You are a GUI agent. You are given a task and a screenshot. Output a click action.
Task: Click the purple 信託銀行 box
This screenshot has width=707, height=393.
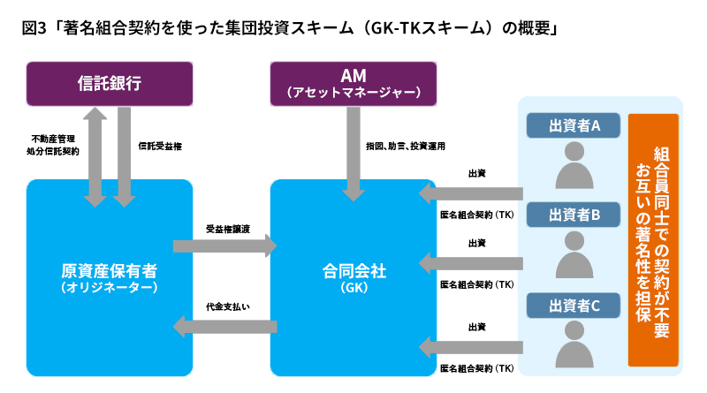109,84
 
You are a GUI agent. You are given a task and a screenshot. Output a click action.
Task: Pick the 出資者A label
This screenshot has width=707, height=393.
574,125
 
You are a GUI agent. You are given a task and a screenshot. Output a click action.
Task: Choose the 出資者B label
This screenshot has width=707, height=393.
574,215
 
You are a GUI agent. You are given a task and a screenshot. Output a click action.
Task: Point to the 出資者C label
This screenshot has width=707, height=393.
574,306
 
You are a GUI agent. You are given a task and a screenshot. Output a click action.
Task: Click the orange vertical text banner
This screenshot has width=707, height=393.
653,238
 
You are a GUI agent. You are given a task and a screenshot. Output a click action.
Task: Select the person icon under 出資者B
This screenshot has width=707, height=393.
575,257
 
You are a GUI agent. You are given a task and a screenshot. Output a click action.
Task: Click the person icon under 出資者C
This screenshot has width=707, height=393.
575,347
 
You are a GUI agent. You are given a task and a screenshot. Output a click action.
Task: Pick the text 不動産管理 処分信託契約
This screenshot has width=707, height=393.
53,145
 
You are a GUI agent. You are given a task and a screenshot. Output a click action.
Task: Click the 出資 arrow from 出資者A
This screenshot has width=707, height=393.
473,193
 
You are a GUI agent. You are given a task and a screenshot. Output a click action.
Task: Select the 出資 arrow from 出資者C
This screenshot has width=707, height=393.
473,347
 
